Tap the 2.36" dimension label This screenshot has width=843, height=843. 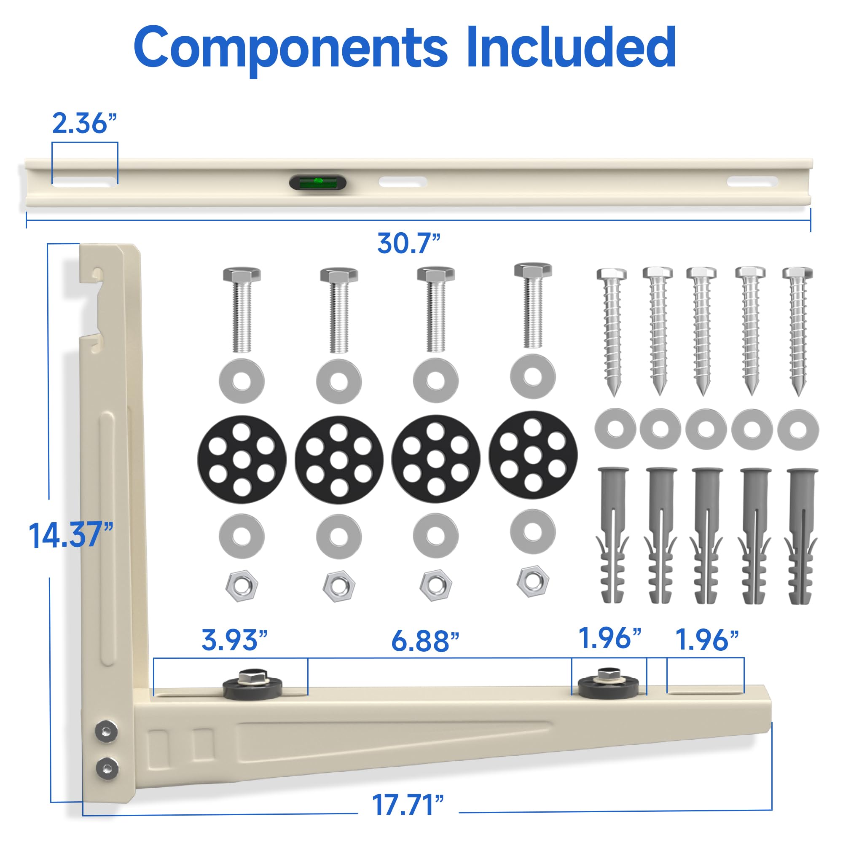click(x=85, y=123)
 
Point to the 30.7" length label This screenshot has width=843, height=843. click(x=409, y=243)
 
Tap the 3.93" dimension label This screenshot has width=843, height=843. click(x=234, y=640)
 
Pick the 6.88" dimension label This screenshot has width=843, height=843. click(x=425, y=641)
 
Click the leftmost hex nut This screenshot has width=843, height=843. click(x=242, y=585)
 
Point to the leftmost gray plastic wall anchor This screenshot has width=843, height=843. click(x=612, y=534)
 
